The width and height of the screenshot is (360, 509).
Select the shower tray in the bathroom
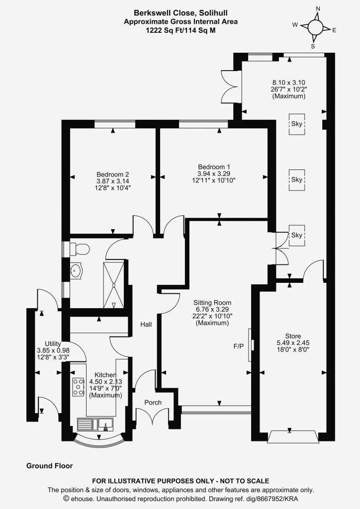point(113,285)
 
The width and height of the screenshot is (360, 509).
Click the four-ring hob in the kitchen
point(78,387)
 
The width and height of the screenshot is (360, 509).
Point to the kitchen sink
point(95,424)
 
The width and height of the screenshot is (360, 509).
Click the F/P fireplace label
point(239,346)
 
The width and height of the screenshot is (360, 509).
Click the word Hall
point(146,324)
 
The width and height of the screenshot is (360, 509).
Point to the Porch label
point(153,403)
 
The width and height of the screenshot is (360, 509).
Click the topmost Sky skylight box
point(297,124)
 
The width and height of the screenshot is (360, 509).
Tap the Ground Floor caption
point(49,466)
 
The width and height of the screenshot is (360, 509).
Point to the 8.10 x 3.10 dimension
point(288,83)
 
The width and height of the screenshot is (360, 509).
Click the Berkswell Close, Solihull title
point(181,13)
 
